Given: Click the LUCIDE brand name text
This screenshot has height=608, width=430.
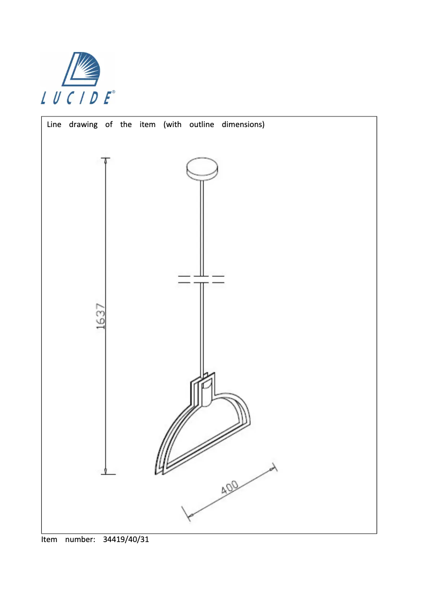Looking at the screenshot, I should [x=76, y=98].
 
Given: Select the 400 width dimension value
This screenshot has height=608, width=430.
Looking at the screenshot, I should [x=229, y=488].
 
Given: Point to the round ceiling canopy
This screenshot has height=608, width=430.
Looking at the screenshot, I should [x=202, y=169].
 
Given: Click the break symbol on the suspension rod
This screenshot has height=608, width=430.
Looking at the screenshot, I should [x=201, y=279].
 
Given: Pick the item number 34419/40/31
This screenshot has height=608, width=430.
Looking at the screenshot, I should [x=125, y=539].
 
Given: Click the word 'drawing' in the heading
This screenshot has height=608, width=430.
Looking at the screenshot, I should [x=83, y=125].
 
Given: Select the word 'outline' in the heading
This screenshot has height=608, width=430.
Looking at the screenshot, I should [x=202, y=125].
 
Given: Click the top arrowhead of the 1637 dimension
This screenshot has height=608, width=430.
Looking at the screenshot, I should [x=106, y=160].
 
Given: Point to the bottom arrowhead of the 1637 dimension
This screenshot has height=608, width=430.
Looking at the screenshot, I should [x=106, y=471].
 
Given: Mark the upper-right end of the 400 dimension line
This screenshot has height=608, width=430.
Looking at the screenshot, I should [x=274, y=468].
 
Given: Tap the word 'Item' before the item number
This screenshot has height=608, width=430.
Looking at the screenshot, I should [x=49, y=539].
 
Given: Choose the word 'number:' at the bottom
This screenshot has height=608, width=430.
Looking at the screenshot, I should [x=80, y=539].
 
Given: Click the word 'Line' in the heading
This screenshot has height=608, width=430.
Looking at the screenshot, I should [x=54, y=125].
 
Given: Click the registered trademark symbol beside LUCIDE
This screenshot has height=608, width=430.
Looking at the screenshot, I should [x=113, y=92].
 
